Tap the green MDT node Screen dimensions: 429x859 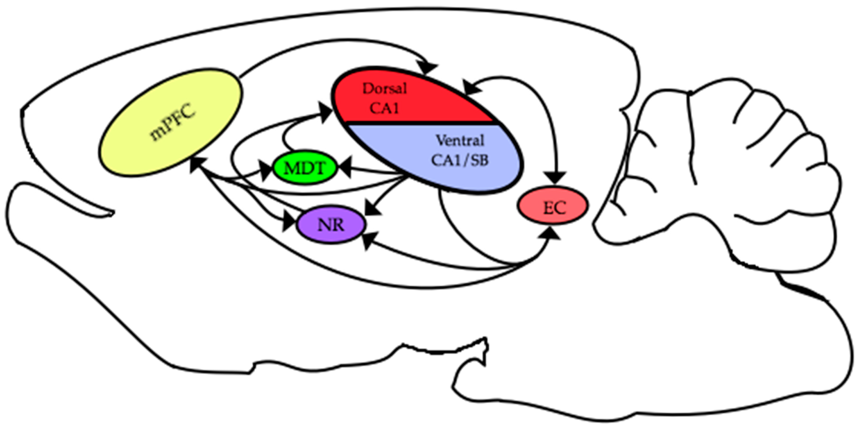(x=304, y=169)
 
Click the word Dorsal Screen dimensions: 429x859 (x=385, y=89)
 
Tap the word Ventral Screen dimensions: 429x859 (x=460, y=141)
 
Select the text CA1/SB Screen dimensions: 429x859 (x=460, y=160)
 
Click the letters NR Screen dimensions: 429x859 (x=331, y=225)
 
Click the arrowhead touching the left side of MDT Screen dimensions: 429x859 (x=267, y=170)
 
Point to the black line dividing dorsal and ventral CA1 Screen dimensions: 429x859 (x=420, y=123)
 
